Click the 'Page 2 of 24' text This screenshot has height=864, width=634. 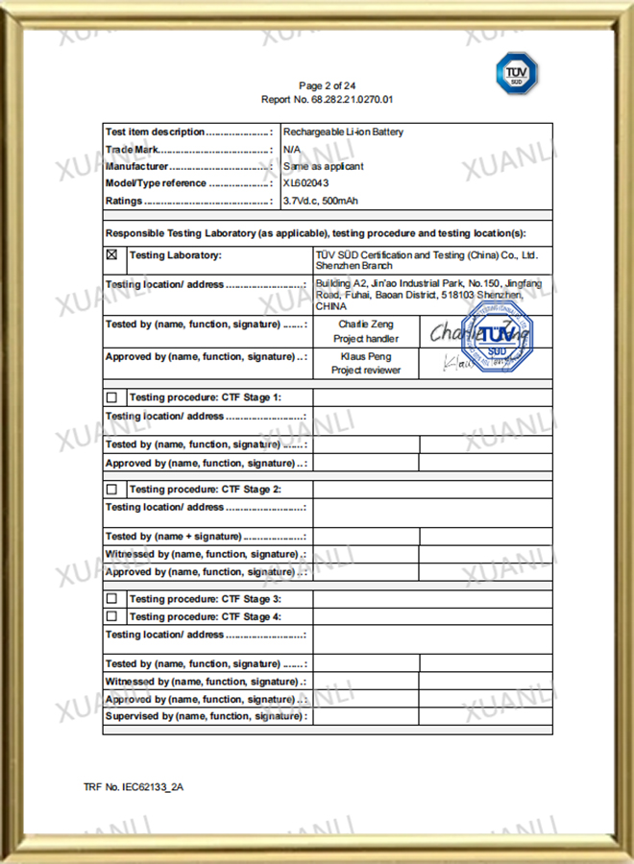pyautogui.click(x=328, y=86)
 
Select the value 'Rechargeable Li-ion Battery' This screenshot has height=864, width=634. pyautogui.click(x=343, y=132)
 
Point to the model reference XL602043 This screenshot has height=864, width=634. pyautogui.click(x=305, y=183)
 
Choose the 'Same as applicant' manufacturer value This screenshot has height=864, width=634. pyautogui.click(x=323, y=166)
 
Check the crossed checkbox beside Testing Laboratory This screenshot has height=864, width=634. pyautogui.click(x=111, y=255)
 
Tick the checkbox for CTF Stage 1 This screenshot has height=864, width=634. pyautogui.click(x=111, y=397)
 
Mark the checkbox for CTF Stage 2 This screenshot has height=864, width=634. pyautogui.click(x=111, y=489)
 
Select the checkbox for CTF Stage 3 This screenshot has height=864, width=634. pyautogui.click(x=111, y=599)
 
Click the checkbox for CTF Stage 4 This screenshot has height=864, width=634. pyautogui.click(x=111, y=616)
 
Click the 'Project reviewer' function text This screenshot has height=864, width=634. pyautogui.click(x=365, y=370)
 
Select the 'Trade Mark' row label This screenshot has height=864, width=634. pyautogui.click(x=132, y=150)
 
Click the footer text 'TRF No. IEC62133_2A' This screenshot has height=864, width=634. pyautogui.click(x=134, y=787)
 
